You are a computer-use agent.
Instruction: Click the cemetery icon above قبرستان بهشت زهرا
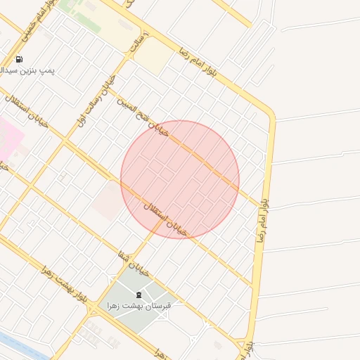pos(138,294)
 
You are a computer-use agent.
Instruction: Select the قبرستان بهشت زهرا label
pos(140,306)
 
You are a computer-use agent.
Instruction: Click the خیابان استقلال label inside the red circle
pos(166,219)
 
